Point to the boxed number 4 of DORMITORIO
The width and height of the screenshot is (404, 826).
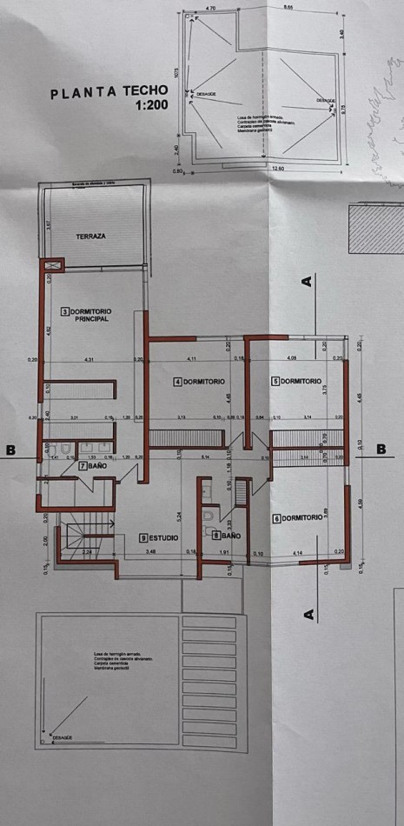point(177,382)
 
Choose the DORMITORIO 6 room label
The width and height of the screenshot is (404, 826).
point(298,518)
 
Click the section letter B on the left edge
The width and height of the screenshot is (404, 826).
point(10,450)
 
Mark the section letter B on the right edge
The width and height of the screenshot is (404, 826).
point(381,449)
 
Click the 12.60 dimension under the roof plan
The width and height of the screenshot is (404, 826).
point(278,170)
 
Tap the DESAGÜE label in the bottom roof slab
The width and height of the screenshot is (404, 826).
point(63,737)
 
